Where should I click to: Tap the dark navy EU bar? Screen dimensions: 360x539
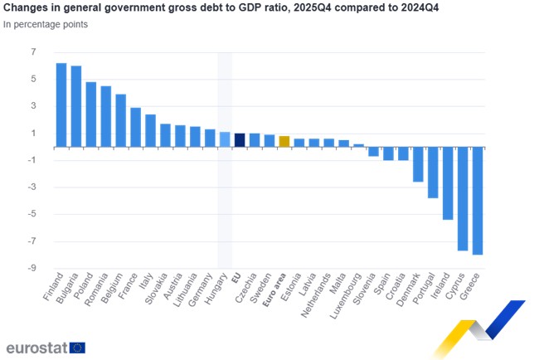pos(240,140)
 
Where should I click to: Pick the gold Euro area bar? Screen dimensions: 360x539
pos(284,142)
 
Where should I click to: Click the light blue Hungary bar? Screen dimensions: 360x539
pos(225,139)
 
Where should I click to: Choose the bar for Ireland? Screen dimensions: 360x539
pos(448,183)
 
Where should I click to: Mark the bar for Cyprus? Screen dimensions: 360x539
pos(463,199)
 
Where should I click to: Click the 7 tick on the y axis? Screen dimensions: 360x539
pos(34,52)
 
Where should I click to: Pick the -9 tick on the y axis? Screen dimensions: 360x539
pos(32,268)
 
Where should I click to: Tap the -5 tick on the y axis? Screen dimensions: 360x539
pos(32,214)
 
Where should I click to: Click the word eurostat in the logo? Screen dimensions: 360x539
pos(36,348)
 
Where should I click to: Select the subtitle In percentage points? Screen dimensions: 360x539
pos(46,24)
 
